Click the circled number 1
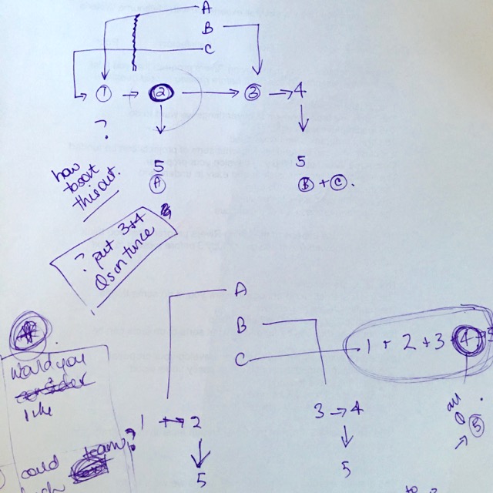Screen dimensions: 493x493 tap(104, 94)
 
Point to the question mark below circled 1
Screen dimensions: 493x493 tap(99, 124)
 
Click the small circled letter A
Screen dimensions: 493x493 tap(159, 183)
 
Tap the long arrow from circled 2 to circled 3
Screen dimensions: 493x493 tap(212, 93)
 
